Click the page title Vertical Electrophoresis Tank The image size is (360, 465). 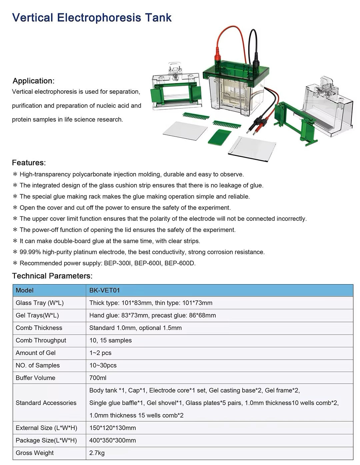pyautogui.click(x=92, y=17)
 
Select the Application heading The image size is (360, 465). pyautogui.click(x=33, y=81)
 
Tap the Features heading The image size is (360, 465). pyautogui.click(x=29, y=163)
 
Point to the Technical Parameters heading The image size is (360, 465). pyautogui.click(x=52, y=276)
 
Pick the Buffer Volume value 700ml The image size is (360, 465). pyautogui.click(x=98, y=378)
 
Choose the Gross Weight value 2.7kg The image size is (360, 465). pyautogui.click(x=97, y=453)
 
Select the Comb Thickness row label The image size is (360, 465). pyautogui.click(x=39, y=328)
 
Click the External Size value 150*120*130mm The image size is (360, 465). pyautogui.click(x=112, y=428)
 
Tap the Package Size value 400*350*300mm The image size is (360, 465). pyautogui.click(x=112, y=440)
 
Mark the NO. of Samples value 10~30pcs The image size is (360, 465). pyautogui.click(x=103, y=365)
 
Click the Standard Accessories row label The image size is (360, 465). pyautogui.click(x=46, y=403)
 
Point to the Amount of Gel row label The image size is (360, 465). pyautogui.click(x=35, y=353)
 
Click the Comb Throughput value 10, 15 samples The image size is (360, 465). pyautogui.click(x=110, y=340)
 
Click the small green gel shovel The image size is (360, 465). pyautogui.click(x=219, y=137)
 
